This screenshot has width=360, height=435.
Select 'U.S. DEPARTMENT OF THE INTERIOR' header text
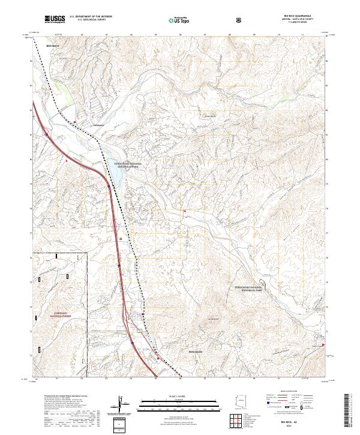tap(90, 17)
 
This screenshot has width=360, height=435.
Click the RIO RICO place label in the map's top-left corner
tap(53, 46)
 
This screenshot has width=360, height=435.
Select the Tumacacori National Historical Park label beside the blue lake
tap(127, 166)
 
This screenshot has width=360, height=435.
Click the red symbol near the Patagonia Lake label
tap(323, 344)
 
